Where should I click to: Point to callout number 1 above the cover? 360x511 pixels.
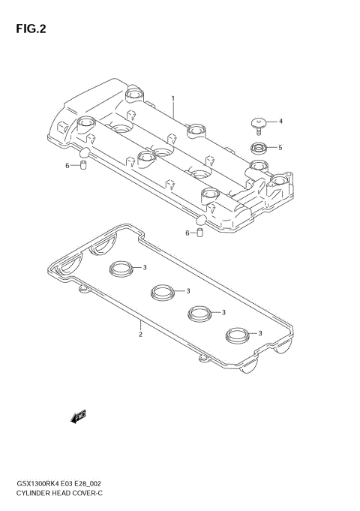pos(172,98)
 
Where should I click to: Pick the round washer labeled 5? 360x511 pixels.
pos(257,147)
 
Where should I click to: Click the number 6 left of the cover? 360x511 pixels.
pos(67,165)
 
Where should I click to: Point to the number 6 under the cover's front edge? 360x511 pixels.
pos(187,233)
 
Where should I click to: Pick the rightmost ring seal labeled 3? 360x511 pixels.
pos(238,333)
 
